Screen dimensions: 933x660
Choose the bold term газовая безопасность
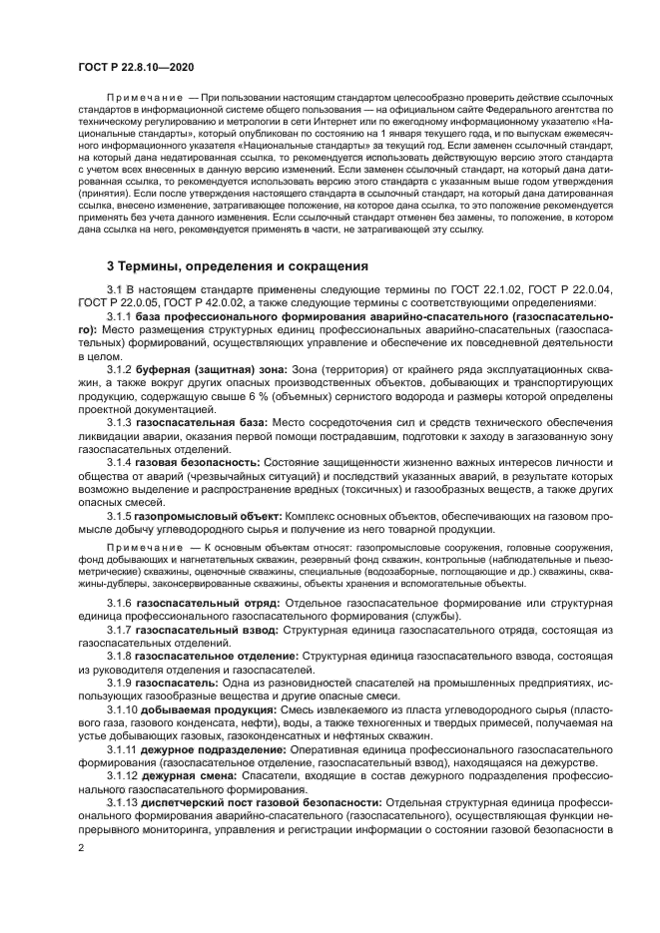tap(198, 462)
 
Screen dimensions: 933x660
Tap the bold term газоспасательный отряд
tap(201, 606)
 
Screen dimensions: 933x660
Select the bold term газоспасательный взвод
tap(200, 632)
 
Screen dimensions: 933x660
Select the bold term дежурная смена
tap(188, 775)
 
